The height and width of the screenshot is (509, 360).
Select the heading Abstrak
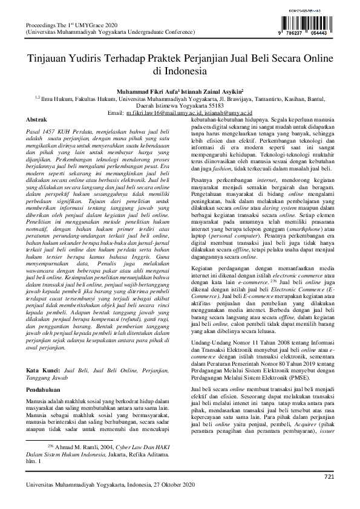pyautogui.click(x=38, y=121)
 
